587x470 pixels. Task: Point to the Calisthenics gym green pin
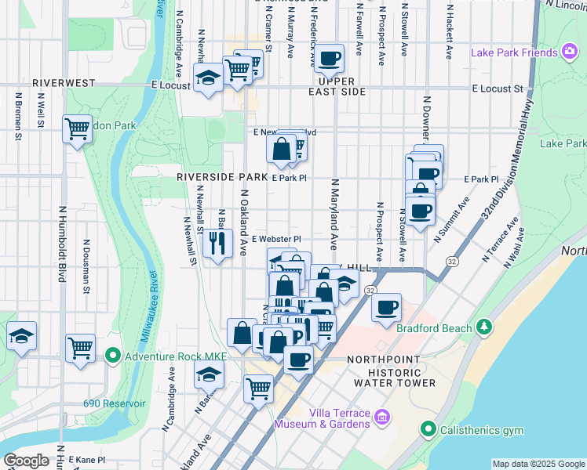pyautogui.click(x=428, y=428)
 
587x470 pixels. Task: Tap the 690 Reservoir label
pyautogui.click(x=115, y=403)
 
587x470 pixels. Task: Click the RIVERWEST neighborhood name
pyautogui.click(x=64, y=83)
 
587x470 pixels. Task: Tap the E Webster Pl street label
pyautogui.click(x=276, y=239)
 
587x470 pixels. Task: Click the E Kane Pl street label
pyautogui.click(x=87, y=459)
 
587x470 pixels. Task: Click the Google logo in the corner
pyautogui.click(x=26, y=460)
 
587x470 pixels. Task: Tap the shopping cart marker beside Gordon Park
pyautogui.click(x=78, y=128)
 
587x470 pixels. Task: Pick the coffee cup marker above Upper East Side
pyautogui.click(x=330, y=56)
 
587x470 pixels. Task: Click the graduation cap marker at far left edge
pyautogui.click(x=21, y=336)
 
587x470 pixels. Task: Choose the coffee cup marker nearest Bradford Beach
pyautogui.click(x=385, y=307)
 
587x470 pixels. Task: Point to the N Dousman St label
pyautogui.click(x=85, y=267)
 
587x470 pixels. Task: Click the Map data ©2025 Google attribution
pyautogui.click(x=538, y=464)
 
